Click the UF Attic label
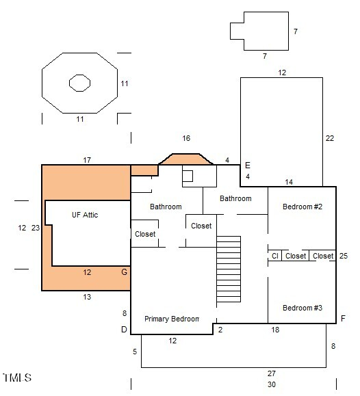[x=85, y=215]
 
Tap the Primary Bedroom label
[x=172, y=319]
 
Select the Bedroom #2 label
[x=303, y=207]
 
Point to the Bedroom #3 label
[x=303, y=308]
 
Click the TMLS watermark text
[x=17, y=378]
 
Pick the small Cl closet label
[x=275, y=256]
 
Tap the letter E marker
[x=248, y=166]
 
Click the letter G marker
[x=124, y=272]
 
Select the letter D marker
[x=124, y=330]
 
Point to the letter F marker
[x=343, y=319]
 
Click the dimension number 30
[x=272, y=384]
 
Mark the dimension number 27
[x=272, y=373]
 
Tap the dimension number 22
[x=330, y=138]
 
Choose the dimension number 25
[x=344, y=256]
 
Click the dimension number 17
[x=87, y=160]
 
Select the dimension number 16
[x=186, y=138]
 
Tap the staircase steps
[x=229, y=269]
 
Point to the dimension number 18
[x=275, y=330]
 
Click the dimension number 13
[x=87, y=297]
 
